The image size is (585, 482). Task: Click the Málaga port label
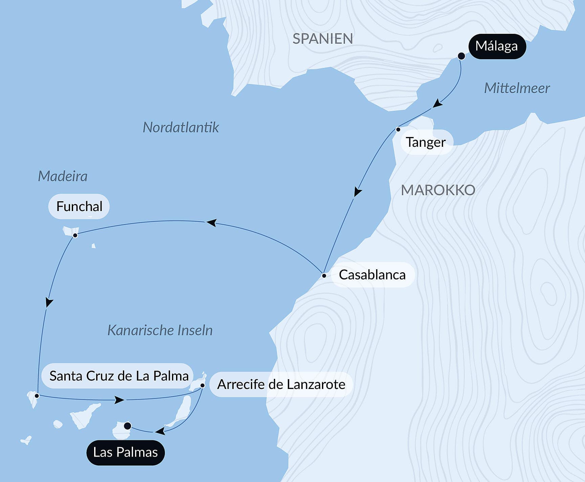[497, 46]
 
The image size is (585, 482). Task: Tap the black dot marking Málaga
[461, 56]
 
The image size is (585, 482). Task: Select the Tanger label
[426, 142]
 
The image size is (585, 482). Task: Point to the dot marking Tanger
[398, 130]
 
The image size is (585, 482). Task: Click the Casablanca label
[372, 275]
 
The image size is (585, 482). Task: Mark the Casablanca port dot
[324, 276]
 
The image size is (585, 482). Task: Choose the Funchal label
[79, 206]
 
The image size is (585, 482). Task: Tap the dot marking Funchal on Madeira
[75, 235]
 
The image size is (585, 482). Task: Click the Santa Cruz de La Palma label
[119, 376]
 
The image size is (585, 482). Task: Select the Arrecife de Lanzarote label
[281, 384]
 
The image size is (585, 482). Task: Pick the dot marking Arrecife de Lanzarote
[202, 385]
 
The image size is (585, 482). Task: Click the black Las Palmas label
[125, 452]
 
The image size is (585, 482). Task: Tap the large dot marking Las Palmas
[127, 426]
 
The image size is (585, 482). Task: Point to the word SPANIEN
[323, 39]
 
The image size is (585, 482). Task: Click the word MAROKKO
[438, 190]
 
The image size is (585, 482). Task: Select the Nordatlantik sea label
[181, 128]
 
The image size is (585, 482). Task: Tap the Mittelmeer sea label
[517, 88]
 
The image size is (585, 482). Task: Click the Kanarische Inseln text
[160, 330]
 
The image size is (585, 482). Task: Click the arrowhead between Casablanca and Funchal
[212, 223]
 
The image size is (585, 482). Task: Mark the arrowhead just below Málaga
[437, 103]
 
